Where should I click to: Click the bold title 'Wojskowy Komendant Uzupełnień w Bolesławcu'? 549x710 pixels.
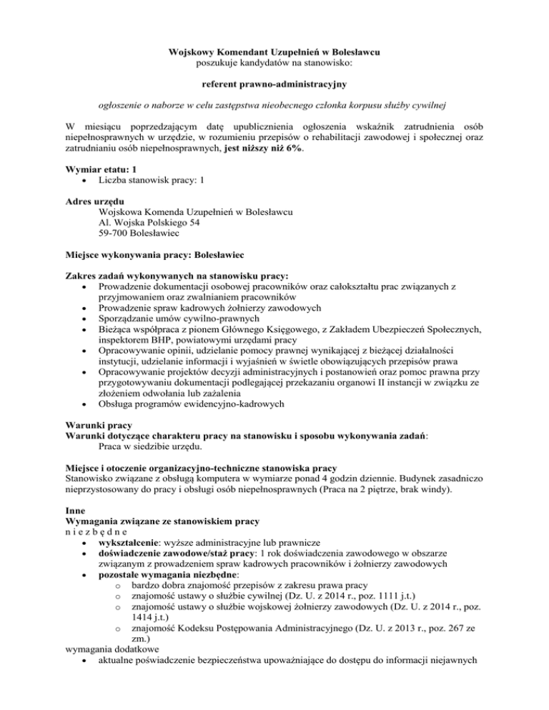tap(274, 52)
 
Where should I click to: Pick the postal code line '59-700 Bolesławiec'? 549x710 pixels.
tap(140, 234)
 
